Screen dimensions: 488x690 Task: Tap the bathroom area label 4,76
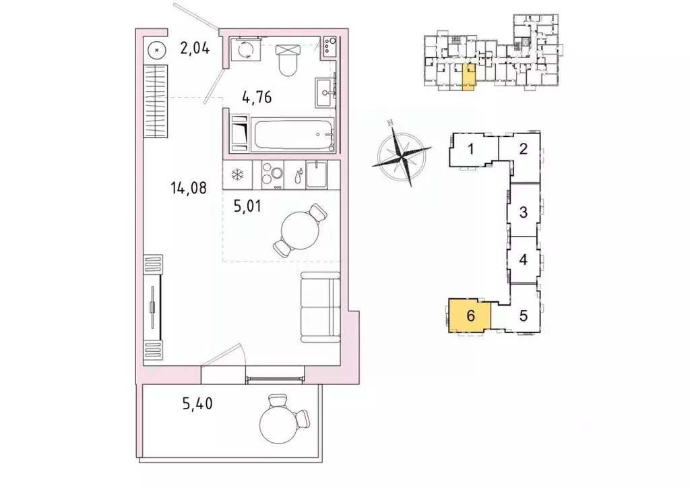point(257,98)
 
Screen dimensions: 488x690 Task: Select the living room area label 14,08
point(187,188)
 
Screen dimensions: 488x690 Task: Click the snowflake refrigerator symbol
point(237,175)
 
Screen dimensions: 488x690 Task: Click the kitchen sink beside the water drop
point(315,175)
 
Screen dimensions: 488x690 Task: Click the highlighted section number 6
point(470,315)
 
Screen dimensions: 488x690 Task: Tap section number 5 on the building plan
point(523,314)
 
